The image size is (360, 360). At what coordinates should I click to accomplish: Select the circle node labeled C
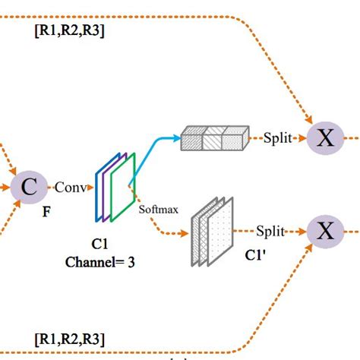coord(28,187)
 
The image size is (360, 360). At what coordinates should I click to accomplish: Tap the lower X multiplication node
coord(325,231)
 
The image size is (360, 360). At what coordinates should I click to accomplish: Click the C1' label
coord(254,256)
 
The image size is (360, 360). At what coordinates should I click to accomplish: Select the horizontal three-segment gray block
coord(216,139)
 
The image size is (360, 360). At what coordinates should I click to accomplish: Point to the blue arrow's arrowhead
coord(177,138)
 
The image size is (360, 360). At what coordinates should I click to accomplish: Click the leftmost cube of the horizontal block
coord(193,140)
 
